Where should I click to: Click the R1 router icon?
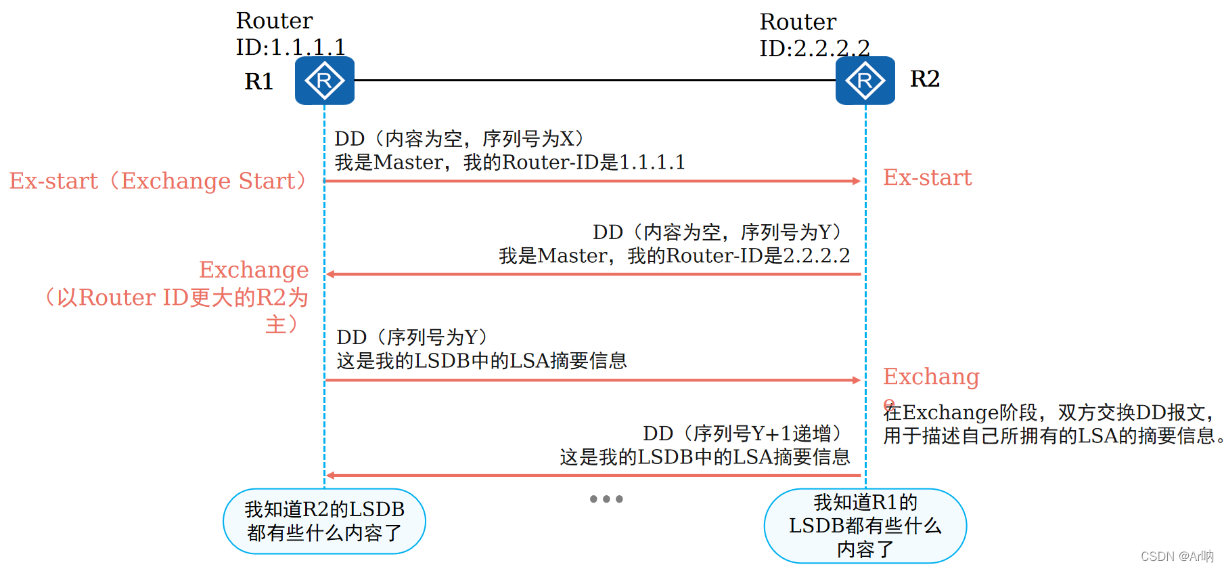(x=324, y=81)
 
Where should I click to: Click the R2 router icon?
(x=865, y=81)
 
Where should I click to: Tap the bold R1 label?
(x=258, y=82)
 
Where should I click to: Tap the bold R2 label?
(x=924, y=79)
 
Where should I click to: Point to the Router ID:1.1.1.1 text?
(x=290, y=34)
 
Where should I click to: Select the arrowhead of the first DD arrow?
(x=856, y=181)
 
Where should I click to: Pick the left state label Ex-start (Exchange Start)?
(x=158, y=182)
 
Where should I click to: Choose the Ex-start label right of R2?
(x=927, y=178)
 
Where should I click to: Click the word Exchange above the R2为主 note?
(x=254, y=270)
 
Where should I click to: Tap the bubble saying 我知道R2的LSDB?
(x=324, y=521)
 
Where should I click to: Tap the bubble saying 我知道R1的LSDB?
(x=865, y=526)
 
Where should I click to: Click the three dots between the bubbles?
(x=606, y=499)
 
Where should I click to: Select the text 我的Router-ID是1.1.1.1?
(x=574, y=163)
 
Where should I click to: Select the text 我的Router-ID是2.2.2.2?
(x=738, y=256)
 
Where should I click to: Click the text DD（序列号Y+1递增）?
(x=745, y=434)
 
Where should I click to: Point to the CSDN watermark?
(x=1177, y=556)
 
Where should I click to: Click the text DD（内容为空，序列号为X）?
(x=460, y=139)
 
